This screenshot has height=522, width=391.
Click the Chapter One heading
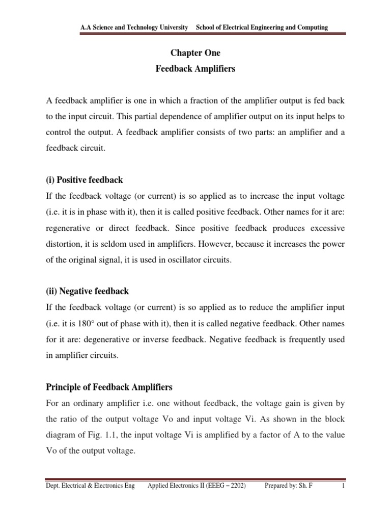[195, 53]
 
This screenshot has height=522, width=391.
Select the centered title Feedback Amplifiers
[195, 69]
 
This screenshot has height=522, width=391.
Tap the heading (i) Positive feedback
[84, 180]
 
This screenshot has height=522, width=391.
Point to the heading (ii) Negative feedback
[87, 291]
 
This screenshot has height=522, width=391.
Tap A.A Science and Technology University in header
[134, 27]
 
